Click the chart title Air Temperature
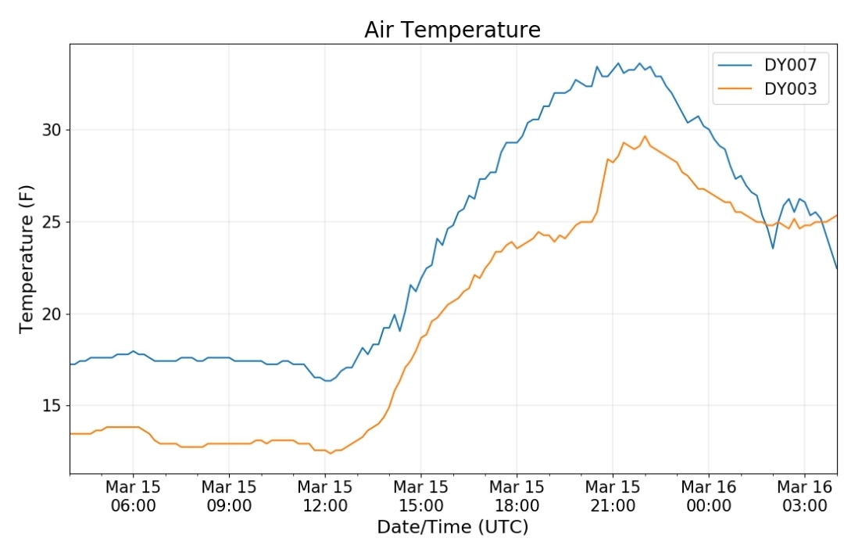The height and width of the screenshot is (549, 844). click(452, 30)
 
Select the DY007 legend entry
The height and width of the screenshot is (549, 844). click(767, 65)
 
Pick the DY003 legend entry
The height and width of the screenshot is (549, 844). click(767, 88)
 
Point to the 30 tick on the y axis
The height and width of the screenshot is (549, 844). click(52, 130)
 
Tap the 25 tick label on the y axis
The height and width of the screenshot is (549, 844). click(52, 222)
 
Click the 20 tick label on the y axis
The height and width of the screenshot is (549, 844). click(52, 314)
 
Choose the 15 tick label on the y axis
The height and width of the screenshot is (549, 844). click(52, 406)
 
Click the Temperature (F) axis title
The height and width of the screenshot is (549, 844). click(26, 259)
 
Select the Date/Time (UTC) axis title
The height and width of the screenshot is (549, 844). click(452, 527)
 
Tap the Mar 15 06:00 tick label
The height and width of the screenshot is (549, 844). click(133, 496)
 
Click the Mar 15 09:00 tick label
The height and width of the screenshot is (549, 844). click(229, 496)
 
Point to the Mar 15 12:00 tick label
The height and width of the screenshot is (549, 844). click(324, 496)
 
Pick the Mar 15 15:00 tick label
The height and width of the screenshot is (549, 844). click(420, 496)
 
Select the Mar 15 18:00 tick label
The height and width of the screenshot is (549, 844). click(517, 496)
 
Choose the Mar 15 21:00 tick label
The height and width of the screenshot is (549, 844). click(613, 496)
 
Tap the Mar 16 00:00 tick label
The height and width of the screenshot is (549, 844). click(708, 496)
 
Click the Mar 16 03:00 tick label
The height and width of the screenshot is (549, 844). click(804, 496)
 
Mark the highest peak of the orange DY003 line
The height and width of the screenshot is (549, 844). click(645, 136)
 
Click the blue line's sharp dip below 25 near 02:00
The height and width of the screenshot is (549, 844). click(773, 248)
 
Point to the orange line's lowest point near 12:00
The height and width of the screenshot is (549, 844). click(331, 454)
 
